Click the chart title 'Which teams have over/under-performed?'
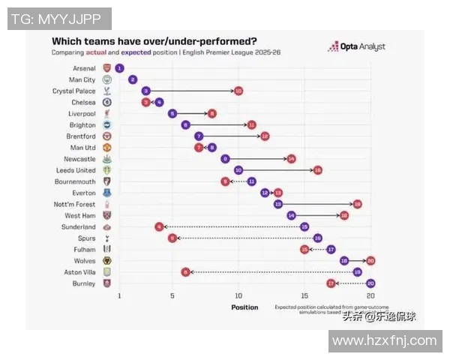pos(154,41)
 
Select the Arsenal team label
pos(84,68)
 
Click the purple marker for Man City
pos(133,79)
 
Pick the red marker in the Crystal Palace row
pos(238,91)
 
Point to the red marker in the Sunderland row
pos(159,226)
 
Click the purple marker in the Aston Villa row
pos(357,272)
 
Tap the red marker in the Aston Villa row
pos(185,272)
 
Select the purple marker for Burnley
pos(370,283)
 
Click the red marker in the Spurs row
pos(172,238)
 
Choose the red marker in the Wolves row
pos(370,261)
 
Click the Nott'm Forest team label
pos(75,204)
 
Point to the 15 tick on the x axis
pos(304,296)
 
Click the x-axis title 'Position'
pos(244,307)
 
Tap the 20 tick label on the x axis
pos(370,296)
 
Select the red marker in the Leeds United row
pos(317,170)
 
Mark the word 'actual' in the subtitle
pos(96,53)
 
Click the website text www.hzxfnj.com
pos(384,341)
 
